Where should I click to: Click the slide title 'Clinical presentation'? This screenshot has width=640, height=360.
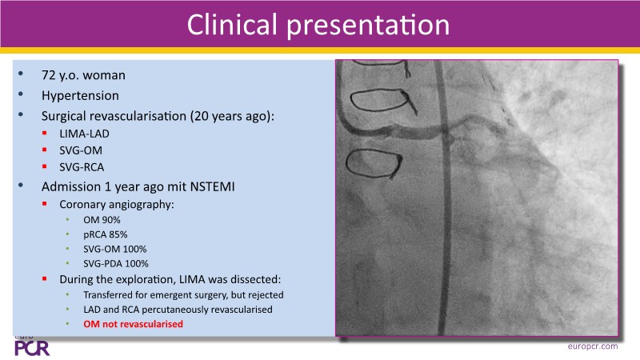click(x=318, y=25)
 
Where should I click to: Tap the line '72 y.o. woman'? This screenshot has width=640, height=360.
click(x=83, y=75)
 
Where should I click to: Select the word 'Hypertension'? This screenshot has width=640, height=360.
click(x=81, y=96)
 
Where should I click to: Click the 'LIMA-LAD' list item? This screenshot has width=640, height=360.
click(x=85, y=134)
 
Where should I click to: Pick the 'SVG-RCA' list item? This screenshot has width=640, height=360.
click(x=82, y=167)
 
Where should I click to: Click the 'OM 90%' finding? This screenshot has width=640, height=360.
click(x=102, y=220)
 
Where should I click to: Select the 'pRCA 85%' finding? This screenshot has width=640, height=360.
click(x=106, y=234)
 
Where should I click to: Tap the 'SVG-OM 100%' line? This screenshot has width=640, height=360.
click(x=115, y=249)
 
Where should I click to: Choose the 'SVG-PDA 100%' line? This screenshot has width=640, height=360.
click(x=116, y=264)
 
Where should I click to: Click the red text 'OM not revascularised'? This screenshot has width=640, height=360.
click(x=133, y=324)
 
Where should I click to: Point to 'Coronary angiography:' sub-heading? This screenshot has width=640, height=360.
click(x=117, y=205)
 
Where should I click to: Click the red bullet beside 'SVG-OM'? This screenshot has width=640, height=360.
click(x=45, y=150)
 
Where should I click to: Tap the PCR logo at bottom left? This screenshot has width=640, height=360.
click(x=32, y=348)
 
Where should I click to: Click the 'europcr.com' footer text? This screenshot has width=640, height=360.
click(x=593, y=346)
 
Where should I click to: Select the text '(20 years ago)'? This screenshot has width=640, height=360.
click(x=232, y=116)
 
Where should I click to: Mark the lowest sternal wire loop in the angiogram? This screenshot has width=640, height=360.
click(x=373, y=164)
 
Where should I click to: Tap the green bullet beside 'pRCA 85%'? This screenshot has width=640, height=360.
click(x=68, y=234)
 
